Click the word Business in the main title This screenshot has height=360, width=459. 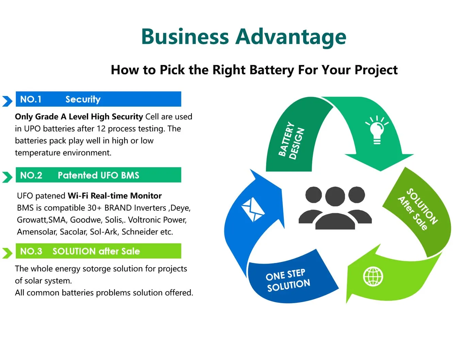pyautogui.click(x=185, y=36)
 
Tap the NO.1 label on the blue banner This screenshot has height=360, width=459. pyautogui.click(x=31, y=99)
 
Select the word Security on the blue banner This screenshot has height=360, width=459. pyautogui.click(x=83, y=99)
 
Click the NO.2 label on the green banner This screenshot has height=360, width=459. pyautogui.click(x=31, y=175)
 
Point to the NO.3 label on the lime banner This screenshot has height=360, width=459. pyautogui.click(x=31, y=251)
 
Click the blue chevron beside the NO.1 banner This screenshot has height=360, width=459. pyautogui.click(x=7, y=101)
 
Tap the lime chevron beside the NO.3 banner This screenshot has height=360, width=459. pyautogui.click(x=7, y=253)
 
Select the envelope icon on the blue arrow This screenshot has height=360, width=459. pyautogui.click(x=252, y=209)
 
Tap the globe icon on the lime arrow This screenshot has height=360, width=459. pyautogui.click(x=373, y=276)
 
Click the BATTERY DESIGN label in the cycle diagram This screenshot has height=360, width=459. pyautogui.click(x=291, y=140)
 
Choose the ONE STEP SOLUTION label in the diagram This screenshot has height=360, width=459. pyautogui.click(x=288, y=280)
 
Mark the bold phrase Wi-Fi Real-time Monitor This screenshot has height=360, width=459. pyautogui.click(x=115, y=195)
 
